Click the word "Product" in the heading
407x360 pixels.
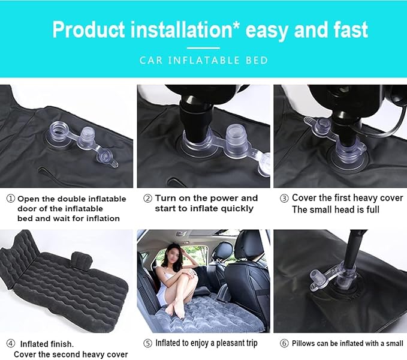click(x=89, y=30)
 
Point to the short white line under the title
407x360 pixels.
click(x=203, y=48)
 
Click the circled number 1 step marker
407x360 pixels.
click(x=11, y=199)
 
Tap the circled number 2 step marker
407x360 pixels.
click(x=147, y=199)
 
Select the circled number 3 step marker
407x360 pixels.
click(x=284, y=199)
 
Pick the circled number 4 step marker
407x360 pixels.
click(x=11, y=343)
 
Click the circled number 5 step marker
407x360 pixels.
click(x=147, y=343)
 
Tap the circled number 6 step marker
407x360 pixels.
click(x=284, y=343)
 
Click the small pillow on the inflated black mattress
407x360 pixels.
click(x=82, y=260)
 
